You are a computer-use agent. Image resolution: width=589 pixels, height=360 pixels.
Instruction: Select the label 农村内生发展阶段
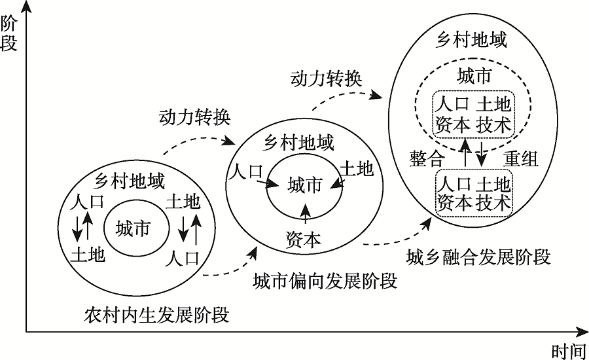point(157,314)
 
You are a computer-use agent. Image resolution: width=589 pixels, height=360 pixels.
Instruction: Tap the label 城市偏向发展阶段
point(325,282)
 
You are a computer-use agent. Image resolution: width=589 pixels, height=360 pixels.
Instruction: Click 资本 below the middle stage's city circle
point(304,239)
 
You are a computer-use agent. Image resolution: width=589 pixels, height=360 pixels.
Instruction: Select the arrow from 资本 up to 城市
point(305,215)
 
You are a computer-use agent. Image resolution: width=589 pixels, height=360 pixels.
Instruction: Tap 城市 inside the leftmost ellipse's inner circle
point(133,228)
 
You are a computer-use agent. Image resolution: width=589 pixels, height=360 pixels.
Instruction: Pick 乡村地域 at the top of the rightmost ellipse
point(471,40)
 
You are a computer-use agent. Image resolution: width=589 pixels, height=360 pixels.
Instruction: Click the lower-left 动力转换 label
point(194,117)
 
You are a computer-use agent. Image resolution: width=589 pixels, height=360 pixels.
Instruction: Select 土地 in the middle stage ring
point(358,170)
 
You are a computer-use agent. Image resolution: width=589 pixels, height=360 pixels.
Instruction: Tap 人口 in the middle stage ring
point(245,172)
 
